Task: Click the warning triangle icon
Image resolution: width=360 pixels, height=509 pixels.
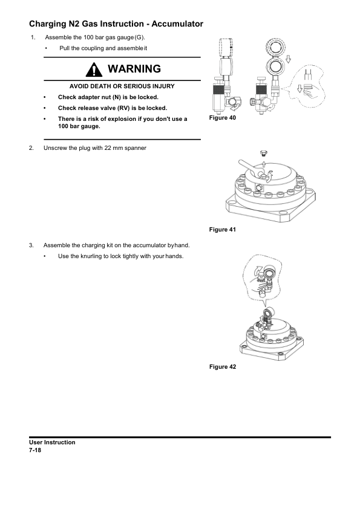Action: pyautogui.click(x=94, y=70)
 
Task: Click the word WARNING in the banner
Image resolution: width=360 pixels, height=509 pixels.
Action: pyautogui.click(x=134, y=69)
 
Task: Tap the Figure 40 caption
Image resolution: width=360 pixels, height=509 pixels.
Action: pyautogui.click(x=223, y=118)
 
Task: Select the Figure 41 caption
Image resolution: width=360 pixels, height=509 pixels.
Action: pyautogui.click(x=223, y=230)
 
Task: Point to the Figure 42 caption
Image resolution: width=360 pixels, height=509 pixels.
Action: pyautogui.click(x=223, y=367)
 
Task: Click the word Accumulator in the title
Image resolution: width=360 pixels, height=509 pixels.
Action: pyautogui.click(x=177, y=24)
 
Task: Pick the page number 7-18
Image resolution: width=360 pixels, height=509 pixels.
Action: pyautogui.click(x=35, y=450)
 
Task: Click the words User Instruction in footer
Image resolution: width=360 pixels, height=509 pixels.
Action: pyautogui.click(x=52, y=443)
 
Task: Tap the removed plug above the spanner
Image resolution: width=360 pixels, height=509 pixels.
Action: pyautogui.click(x=264, y=152)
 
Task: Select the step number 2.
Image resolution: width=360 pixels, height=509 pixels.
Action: pyautogui.click(x=31, y=148)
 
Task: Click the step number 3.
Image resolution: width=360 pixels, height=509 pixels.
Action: pyautogui.click(x=31, y=245)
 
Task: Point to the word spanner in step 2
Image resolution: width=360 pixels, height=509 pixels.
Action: pyautogui.click(x=136, y=148)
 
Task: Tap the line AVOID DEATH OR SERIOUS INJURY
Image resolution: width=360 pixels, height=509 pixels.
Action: pyautogui.click(x=122, y=86)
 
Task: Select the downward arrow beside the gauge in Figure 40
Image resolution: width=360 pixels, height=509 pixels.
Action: pyautogui.click(x=288, y=59)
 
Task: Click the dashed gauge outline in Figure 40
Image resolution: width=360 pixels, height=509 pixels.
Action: pyautogui.click(x=226, y=48)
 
